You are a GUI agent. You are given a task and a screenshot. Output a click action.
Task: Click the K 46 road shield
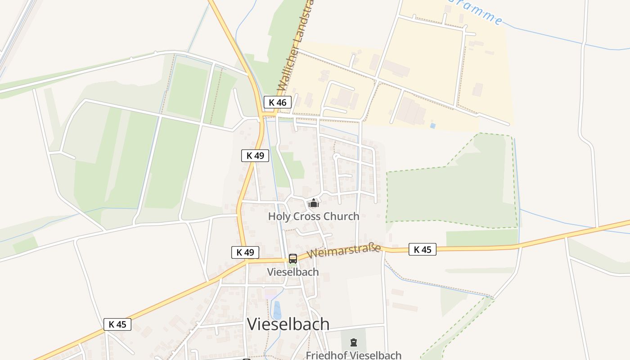[277, 102]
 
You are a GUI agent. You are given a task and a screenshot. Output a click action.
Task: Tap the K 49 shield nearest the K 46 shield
[255, 156]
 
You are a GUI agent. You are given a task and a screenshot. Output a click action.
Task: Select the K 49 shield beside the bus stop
[245, 252]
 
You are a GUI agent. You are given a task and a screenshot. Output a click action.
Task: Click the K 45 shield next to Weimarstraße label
[423, 249]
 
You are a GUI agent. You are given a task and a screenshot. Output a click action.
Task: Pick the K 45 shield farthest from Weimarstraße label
[117, 324]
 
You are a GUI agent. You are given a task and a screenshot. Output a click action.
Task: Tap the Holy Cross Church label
[314, 216]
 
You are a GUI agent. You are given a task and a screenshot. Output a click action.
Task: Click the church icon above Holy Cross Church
[314, 203]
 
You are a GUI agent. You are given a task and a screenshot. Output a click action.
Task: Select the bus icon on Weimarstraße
[293, 259]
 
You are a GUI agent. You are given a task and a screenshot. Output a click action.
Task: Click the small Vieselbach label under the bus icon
[293, 272]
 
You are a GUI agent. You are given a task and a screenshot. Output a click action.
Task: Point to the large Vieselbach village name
[288, 324]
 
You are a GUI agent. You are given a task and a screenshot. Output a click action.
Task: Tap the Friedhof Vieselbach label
[354, 355]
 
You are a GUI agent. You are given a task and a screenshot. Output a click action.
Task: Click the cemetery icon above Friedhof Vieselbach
[354, 343]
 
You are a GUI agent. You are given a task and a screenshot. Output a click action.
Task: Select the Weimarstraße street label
[344, 251]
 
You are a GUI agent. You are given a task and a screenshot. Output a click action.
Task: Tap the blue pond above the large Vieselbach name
[277, 310]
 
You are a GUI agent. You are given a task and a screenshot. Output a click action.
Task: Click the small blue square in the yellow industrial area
[433, 126]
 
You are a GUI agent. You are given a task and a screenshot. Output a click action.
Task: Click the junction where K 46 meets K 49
[262, 116]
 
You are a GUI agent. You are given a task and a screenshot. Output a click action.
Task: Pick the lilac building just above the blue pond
[271, 294]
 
